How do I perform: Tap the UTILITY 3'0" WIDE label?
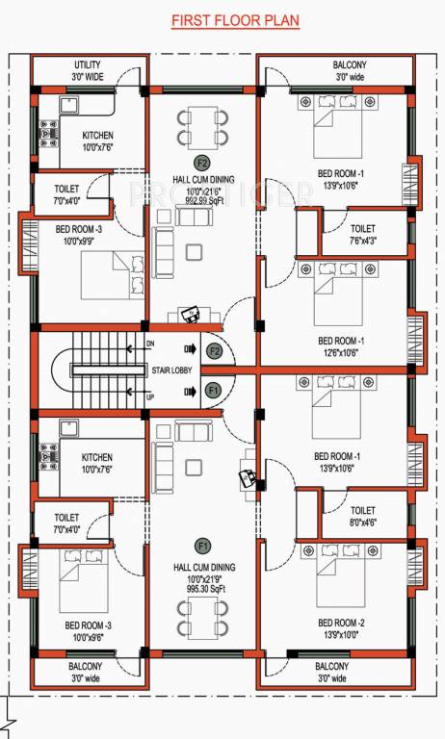click(x=87, y=70)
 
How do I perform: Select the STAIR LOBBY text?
click(x=173, y=369)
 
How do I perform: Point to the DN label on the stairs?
click(x=149, y=344)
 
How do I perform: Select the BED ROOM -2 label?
click(x=340, y=623)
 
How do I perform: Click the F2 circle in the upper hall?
click(x=201, y=162)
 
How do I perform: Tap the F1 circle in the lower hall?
click(x=201, y=545)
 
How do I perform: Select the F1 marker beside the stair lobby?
click(x=214, y=390)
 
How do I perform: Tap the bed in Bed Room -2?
click(x=337, y=570)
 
